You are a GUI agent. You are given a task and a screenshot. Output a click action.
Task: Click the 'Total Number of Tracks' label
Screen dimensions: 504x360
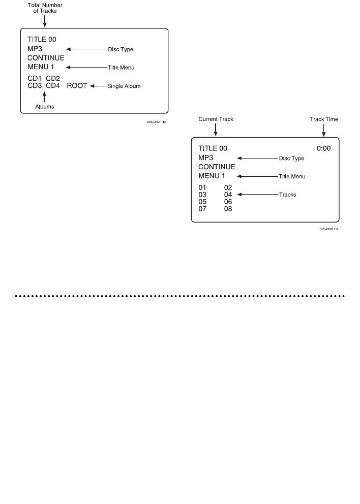point(45,8)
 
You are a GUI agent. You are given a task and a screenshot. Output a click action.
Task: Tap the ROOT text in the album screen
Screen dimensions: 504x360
point(77,86)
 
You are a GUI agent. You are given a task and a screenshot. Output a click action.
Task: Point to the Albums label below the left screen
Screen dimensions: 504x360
point(44,107)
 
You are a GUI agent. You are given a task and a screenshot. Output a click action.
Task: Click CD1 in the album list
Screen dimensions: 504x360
point(35,79)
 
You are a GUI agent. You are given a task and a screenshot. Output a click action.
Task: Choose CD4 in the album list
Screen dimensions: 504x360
point(53,86)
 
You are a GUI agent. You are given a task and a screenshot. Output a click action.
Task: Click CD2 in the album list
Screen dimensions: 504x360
point(53,79)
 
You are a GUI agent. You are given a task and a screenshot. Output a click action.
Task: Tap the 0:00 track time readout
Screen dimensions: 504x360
point(324,148)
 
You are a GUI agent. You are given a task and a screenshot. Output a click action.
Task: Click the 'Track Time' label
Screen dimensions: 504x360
point(324,119)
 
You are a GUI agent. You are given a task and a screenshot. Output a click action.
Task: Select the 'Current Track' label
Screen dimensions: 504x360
point(216,119)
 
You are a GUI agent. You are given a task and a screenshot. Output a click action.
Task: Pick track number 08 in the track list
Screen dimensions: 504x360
point(228,208)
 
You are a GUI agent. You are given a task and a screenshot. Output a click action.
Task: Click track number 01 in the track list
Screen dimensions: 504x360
point(202,187)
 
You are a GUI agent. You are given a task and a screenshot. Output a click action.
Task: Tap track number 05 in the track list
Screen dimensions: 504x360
point(202,201)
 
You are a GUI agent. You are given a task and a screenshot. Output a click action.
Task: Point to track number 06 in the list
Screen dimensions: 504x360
point(228,201)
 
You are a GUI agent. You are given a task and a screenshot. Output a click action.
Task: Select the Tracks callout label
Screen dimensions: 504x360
point(287,195)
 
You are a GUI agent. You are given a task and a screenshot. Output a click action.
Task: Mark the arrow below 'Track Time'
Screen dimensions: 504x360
point(324,130)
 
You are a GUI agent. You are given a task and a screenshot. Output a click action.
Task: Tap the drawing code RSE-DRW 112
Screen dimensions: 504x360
point(329,230)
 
